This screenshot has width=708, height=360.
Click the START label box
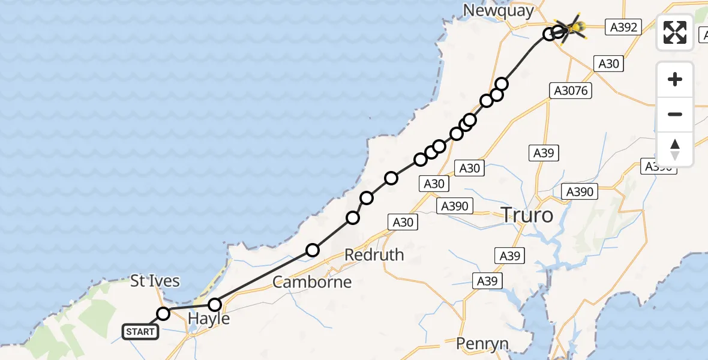click(x=140, y=331)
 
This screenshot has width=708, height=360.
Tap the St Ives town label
click(x=155, y=280)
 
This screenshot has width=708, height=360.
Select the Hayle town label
click(x=209, y=319)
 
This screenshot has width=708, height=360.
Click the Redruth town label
click(x=374, y=254)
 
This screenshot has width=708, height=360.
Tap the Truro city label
click(x=526, y=214)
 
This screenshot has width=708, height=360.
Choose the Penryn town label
click(x=482, y=344)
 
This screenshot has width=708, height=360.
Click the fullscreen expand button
click(x=675, y=32)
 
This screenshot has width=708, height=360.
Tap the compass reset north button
click(x=675, y=149)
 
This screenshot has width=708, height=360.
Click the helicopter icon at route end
click(x=573, y=27)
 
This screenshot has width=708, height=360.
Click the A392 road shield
click(x=624, y=26)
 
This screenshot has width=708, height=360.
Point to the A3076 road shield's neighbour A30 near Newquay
click(x=608, y=64)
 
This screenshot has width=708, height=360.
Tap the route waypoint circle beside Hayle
click(x=214, y=305)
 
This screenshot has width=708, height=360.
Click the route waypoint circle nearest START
click(x=163, y=313)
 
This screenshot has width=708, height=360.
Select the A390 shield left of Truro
click(x=455, y=206)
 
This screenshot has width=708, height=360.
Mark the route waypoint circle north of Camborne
click(x=312, y=250)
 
